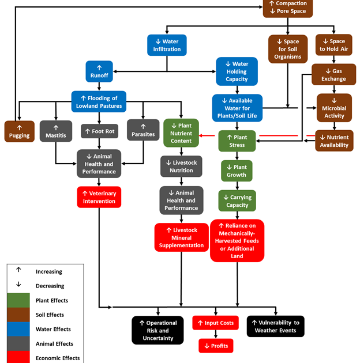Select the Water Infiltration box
coord(167,46)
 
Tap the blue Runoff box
coord(99,71)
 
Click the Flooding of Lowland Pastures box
coord(99,101)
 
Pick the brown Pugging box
coord(20,131)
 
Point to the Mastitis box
coord(56,131)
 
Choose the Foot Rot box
coord(99,131)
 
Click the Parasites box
coord(142,131)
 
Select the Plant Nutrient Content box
coord(181,133)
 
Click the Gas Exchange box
coord(333,75)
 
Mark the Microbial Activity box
coord(333,108)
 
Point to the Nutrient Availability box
coord(334,141)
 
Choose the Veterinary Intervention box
coord(99,197)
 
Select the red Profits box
coord(215,346)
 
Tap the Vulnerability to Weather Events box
coord(275,326)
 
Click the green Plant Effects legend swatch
coord(18,300)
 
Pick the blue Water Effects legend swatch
coord(18,329)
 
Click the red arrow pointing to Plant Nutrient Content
coord(208,136)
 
